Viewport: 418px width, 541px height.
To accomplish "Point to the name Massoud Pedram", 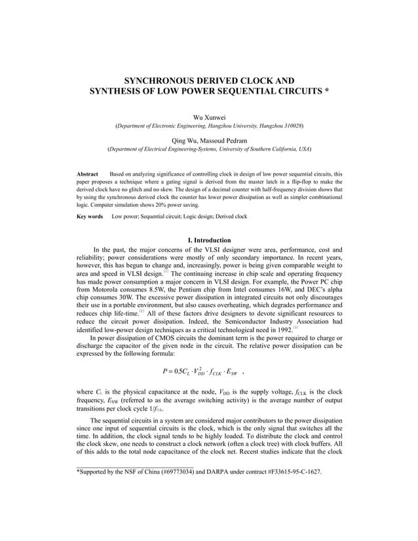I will point(223,140).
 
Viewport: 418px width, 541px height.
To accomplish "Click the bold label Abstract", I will point(88,174).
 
